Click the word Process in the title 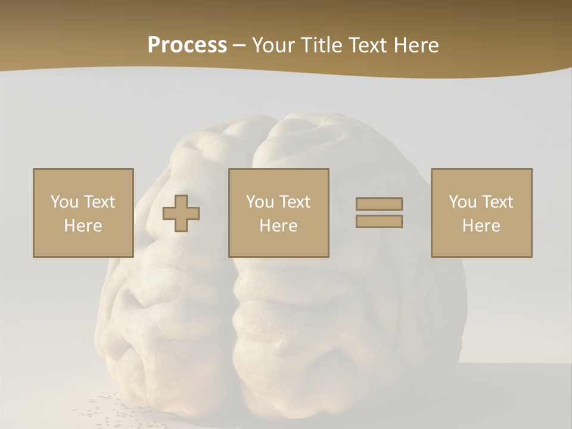coord(187,45)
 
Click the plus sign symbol coord(181,213)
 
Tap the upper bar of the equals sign coord(379,204)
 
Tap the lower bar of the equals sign coord(379,222)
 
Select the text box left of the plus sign coord(83,213)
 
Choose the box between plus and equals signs coord(278,213)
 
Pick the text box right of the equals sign coord(481,213)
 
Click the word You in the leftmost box coord(63,202)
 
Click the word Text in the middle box coord(295,202)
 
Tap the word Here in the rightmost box coord(481,226)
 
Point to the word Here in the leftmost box coord(83,226)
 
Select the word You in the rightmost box coord(462,202)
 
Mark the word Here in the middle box coord(278,226)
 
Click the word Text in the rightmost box coord(498,202)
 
